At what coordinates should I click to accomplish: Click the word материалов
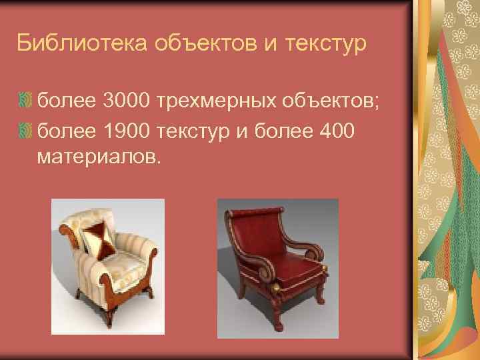pyautogui.click(x=99, y=158)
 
